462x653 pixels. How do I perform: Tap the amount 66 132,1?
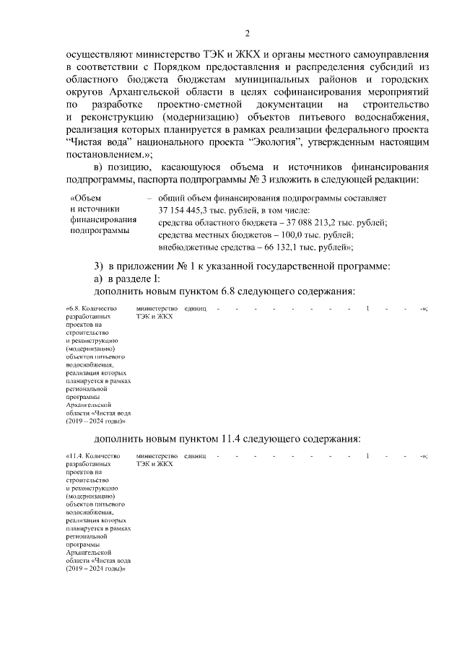click(x=271, y=248)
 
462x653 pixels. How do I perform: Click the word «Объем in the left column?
click(x=87, y=197)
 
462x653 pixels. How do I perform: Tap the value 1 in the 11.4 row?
click(x=367, y=456)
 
